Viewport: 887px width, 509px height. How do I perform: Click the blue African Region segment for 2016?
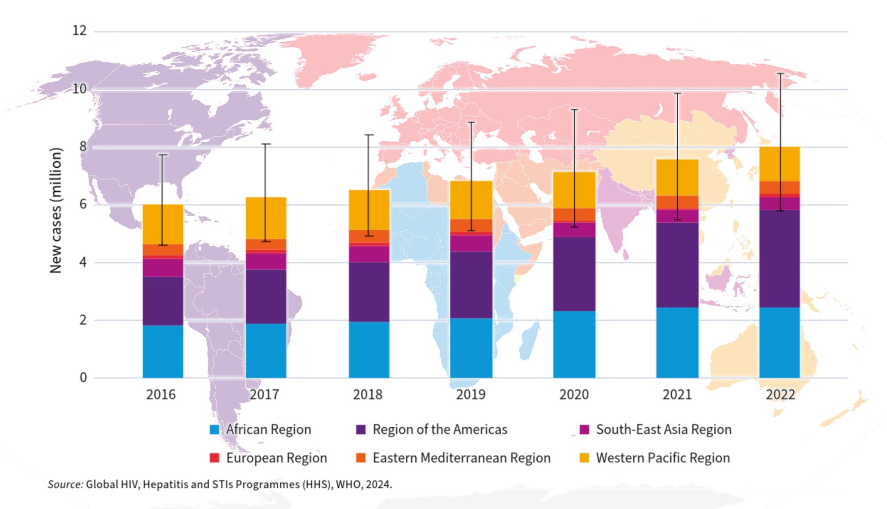click(163, 351)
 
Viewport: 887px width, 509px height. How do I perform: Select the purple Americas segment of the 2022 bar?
click(779, 259)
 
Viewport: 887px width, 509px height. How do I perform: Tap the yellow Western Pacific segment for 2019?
click(471, 200)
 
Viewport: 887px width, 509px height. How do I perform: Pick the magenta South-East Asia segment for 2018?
click(369, 254)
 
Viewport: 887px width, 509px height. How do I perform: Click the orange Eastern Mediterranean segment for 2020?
click(574, 215)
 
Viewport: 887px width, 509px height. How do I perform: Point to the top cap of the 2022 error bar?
click(780, 73)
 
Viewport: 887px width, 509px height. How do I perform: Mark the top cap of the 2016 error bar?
click(163, 155)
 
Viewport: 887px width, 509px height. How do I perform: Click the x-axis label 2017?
click(264, 394)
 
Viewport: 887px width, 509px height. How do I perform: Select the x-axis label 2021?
click(677, 394)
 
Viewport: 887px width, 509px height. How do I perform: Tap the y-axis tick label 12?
click(79, 30)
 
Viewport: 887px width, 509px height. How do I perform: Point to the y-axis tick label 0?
click(83, 378)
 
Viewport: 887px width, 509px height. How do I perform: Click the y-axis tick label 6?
click(83, 204)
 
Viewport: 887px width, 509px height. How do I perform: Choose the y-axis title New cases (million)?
click(55, 210)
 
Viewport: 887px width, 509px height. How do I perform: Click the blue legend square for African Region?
click(214, 430)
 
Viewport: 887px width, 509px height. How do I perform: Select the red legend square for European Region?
click(214, 458)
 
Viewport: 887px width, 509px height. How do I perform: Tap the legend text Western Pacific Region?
click(663, 458)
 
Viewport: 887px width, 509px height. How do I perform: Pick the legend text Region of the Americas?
click(440, 430)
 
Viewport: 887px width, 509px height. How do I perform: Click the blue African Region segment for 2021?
click(677, 342)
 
